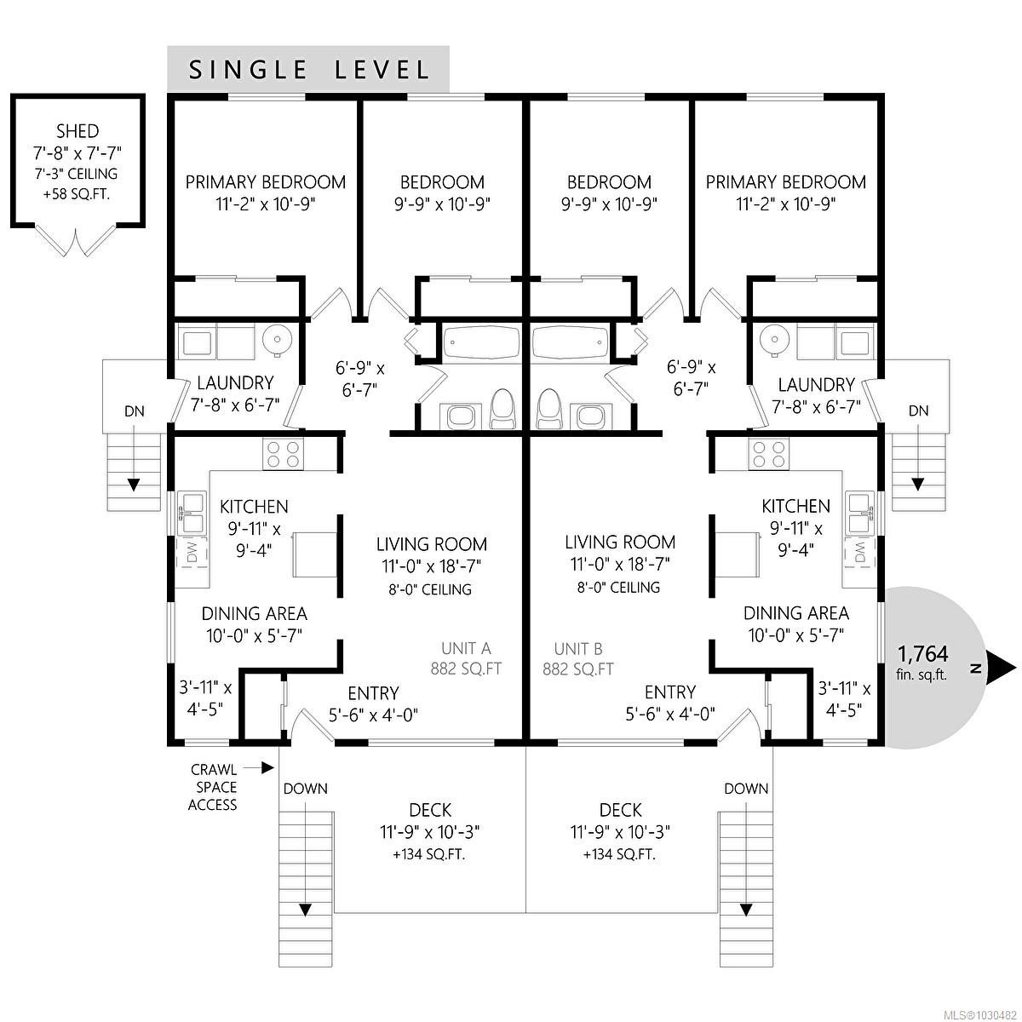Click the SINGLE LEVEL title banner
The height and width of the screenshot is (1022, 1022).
tap(307, 69)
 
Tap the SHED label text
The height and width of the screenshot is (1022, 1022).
tap(77, 131)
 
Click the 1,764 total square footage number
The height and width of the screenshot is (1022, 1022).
tap(922, 654)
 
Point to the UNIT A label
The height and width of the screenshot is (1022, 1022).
tap(466, 649)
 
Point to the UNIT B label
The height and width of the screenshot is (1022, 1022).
tap(578, 649)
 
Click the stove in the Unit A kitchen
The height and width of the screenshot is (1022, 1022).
tap(283, 454)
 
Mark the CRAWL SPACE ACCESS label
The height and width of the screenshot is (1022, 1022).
tap(213, 787)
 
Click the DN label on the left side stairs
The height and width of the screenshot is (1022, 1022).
tap(134, 411)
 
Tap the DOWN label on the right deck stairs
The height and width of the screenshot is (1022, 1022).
tap(746, 789)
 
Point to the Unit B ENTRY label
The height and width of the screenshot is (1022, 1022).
tap(669, 692)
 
